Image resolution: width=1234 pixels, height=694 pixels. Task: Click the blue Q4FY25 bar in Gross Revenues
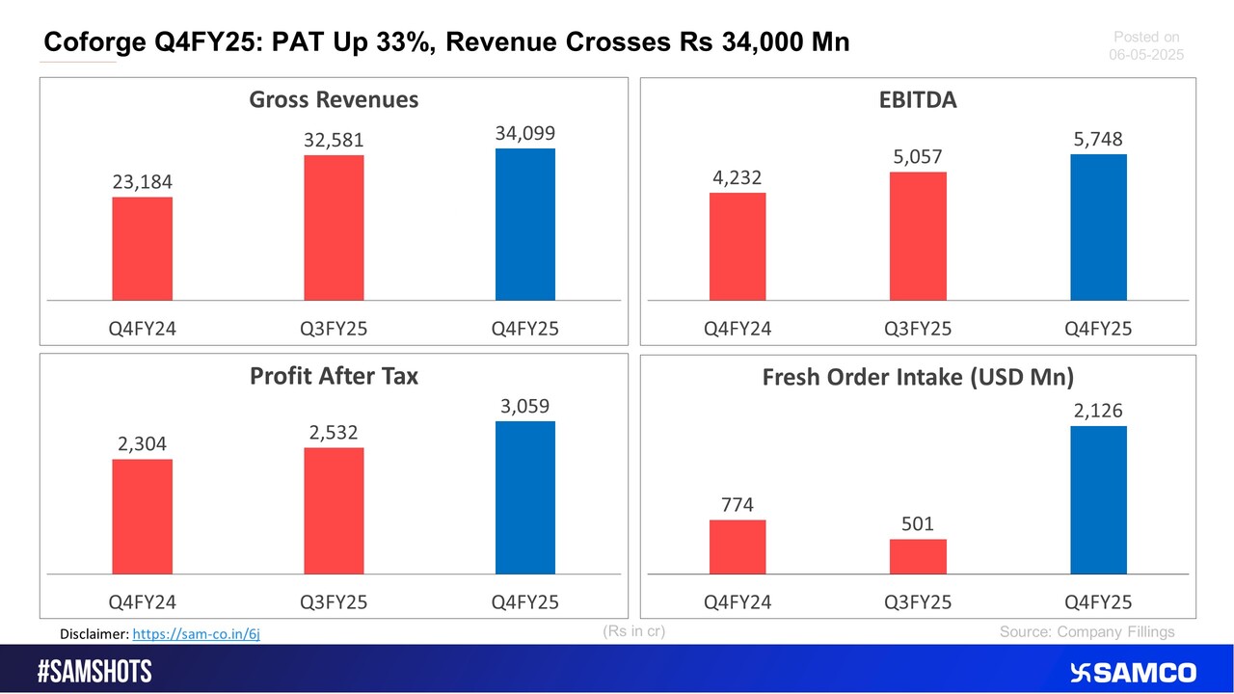point(525,224)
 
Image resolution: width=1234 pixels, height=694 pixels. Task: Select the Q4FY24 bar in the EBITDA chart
point(738,246)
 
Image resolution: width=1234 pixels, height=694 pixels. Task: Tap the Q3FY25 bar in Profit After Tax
point(334,511)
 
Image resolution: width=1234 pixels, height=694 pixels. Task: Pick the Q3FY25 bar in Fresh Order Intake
point(918,556)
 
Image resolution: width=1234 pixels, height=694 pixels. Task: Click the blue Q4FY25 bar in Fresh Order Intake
point(1098,500)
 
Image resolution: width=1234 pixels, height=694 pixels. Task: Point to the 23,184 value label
point(142,182)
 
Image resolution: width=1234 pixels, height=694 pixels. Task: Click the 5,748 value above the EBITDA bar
point(1098,140)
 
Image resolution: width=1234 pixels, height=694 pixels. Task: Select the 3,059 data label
point(525,406)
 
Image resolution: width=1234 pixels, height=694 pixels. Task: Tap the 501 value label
point(918,523)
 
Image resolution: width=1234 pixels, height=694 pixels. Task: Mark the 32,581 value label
point(334,140)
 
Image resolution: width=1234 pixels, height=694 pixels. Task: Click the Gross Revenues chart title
point(334,99)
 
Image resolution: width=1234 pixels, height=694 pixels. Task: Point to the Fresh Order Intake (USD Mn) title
point(918,377)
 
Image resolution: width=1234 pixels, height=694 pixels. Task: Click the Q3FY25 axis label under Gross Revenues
point(334,329)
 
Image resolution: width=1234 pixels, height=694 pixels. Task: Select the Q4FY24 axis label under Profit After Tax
point(142,602)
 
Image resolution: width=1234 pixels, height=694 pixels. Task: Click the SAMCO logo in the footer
point(1133,672)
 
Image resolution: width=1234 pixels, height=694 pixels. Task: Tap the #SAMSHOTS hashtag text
point(94,672)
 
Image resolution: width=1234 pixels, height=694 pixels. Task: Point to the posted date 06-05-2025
point(1146,55)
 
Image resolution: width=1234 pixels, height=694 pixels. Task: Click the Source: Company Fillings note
point(1086,631)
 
